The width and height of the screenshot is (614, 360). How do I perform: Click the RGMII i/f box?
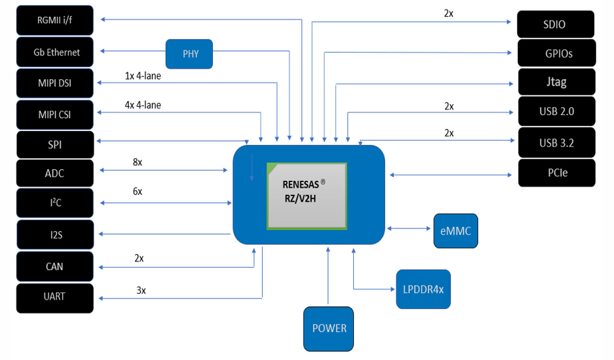point(55,20)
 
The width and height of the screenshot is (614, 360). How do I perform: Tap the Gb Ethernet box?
point(55,52)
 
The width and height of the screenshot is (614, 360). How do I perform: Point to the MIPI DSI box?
point(55,83)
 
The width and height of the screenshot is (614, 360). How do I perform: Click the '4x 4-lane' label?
point(143,105)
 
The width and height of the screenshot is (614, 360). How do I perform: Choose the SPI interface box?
point(55,144)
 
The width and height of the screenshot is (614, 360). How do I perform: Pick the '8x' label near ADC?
point(137,162)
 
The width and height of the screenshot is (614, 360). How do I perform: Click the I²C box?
point(55,203)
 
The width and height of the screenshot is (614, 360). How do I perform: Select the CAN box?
point(55,266)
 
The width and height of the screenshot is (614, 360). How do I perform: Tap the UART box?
point(55,296)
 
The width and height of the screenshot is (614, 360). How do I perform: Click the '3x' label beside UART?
point(141,290)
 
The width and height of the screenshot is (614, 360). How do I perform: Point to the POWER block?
point(329,329)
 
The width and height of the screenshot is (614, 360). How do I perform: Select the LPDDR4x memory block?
point(423,289)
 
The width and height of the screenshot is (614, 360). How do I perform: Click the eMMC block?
point(455,231)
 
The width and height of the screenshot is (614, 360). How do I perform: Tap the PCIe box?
point(557,172)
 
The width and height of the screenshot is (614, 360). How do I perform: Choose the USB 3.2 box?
point(557,143)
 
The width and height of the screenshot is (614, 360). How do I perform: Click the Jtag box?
point(557,82)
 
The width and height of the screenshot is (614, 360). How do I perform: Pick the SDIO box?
point(555,24)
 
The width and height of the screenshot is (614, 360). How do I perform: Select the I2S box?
point(55,235)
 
